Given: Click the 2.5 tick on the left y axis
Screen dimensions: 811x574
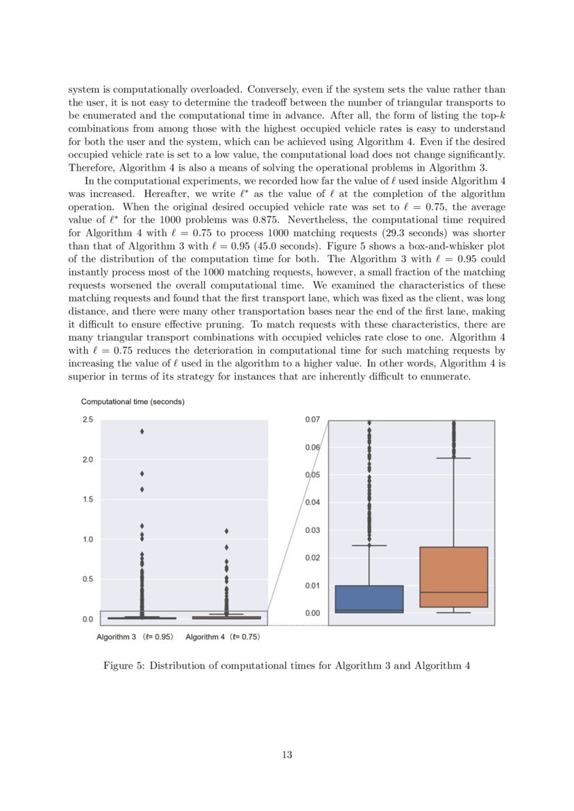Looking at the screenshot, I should click(x=87, y=420).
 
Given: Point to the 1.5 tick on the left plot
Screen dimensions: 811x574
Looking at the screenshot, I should click(x=87, y=500).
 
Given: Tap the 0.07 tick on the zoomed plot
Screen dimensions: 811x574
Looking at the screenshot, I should click(x=312, y=420).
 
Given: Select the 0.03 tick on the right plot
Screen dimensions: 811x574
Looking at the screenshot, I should click(x=312, y=531).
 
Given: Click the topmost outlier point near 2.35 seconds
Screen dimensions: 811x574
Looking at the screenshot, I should click(x=142, y=432).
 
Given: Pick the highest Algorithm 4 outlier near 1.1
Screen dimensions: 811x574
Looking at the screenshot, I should click(x=226, y=531).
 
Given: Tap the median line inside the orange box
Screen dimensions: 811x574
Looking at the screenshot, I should click(x=453, y=592).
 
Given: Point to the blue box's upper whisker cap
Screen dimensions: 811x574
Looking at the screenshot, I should click(x=369, y=545).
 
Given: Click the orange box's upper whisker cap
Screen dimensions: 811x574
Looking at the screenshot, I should click(x=453, y=459).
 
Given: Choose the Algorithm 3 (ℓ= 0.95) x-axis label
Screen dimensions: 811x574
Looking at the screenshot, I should click(x=135, y=636).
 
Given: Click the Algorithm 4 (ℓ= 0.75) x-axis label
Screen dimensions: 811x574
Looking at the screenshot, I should click(x=223, y=636).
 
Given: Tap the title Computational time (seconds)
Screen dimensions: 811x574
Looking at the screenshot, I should click(x=133, y=402).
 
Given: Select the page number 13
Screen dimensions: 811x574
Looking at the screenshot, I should click(x=287, y=755).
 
